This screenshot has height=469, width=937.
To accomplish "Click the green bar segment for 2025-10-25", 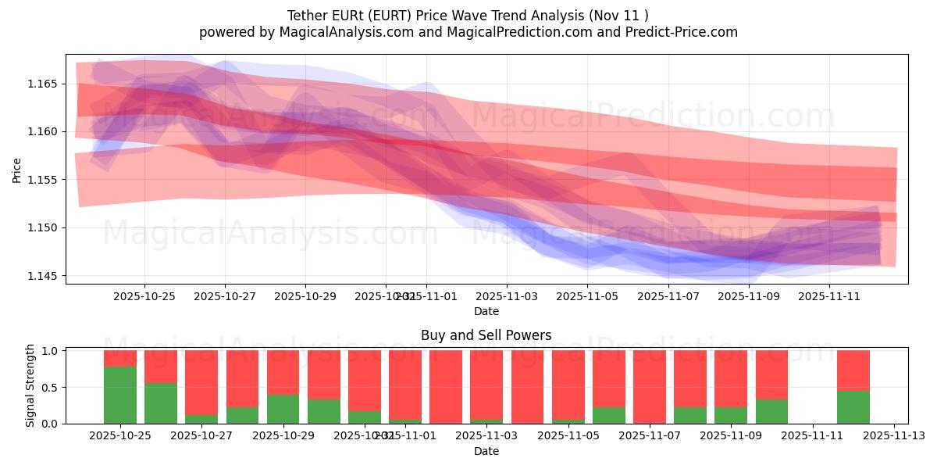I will (x=120, y=395).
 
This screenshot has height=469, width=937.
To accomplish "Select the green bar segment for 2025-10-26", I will (x=161, y=403).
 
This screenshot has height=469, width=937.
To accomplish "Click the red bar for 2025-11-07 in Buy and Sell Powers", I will (x=650, y=387).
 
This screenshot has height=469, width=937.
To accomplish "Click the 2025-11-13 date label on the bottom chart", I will (x=894, y=436).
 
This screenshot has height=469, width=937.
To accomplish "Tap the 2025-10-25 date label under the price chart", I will (x=144, y=296).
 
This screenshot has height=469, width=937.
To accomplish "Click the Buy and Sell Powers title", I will (x=486, y=335).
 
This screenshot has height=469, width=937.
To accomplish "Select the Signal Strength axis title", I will (x=30, y=385).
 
